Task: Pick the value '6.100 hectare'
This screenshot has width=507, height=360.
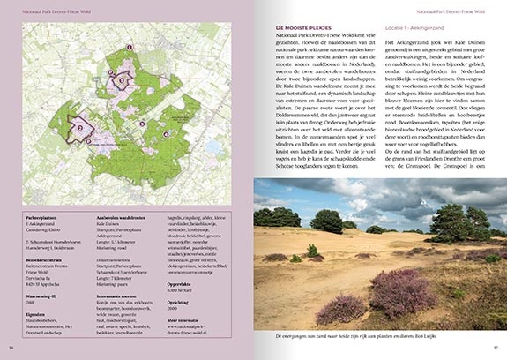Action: [x=180, y=289]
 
